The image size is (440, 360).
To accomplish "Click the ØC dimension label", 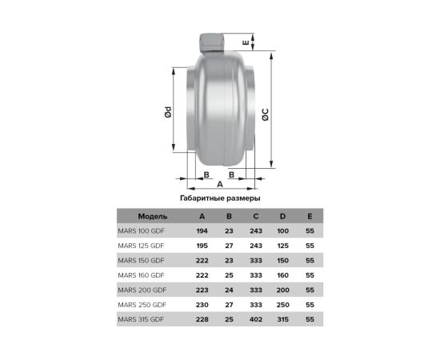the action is [265, 114].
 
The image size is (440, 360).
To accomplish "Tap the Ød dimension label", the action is [168, 112].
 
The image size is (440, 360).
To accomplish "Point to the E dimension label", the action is [246, 42].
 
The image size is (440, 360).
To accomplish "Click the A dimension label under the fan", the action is [220, 184].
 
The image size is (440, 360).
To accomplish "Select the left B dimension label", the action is [206, 174].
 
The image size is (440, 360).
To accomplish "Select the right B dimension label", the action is [231, 174].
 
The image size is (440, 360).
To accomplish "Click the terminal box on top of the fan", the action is [213, 42].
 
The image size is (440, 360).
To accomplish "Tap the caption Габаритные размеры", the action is [220, 198].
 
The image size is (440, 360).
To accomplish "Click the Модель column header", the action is [153, 216].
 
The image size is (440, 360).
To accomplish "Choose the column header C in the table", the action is [256, 216].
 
